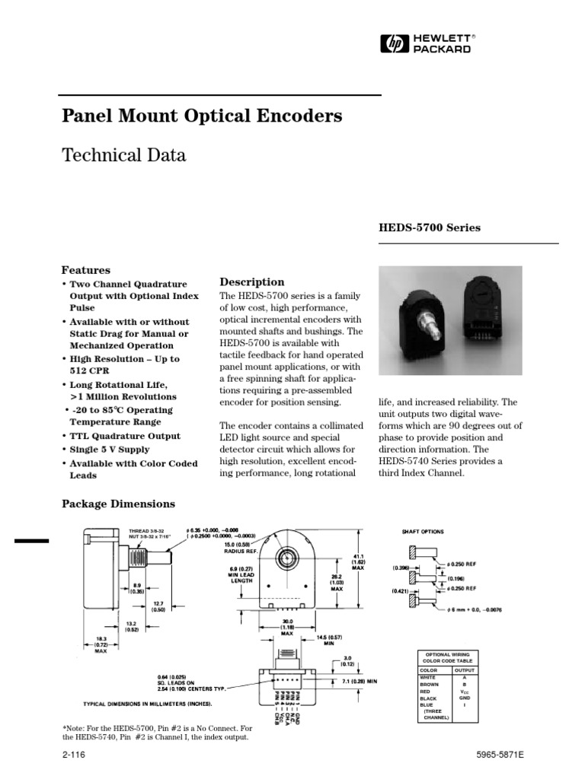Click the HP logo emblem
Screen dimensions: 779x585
pos(394,43)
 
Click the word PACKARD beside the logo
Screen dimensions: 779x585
pos(442,49)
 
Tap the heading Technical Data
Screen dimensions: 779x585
pos(123,156)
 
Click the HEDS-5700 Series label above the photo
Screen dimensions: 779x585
pos(430,227)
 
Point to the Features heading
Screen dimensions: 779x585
pos(85,270)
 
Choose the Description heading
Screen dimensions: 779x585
pos(251,282)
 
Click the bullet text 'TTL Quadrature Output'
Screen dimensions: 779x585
pos(125,436)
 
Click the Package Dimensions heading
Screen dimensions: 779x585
pos(117,504)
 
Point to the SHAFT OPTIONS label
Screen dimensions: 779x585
pos(423,532)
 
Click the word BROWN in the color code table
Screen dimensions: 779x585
pos(430,683)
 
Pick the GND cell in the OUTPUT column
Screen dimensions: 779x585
pos(464,697)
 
